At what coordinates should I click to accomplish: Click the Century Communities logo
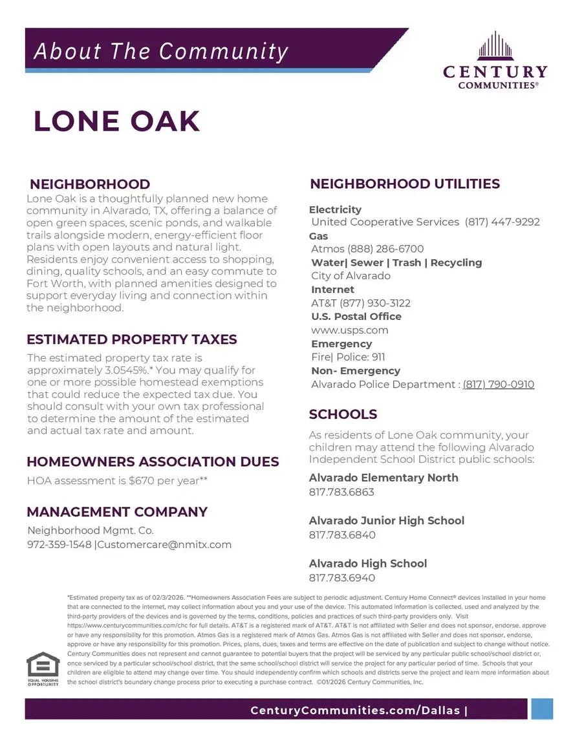point(495,61)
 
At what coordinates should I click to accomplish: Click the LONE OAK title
point(117,122)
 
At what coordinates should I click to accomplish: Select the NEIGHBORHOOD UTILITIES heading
point(405,184)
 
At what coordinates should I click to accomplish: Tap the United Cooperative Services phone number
point(502,222)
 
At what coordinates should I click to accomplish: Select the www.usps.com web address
point(349,330)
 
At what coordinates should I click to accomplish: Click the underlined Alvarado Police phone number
point(498,385)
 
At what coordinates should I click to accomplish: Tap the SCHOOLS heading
point(343,414)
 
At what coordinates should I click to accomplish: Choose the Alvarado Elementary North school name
point(383,478)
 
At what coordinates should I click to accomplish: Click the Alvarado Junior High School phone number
point(342,535)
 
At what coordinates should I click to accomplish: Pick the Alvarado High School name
point(368,564)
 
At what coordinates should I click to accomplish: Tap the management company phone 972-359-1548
point(59,545)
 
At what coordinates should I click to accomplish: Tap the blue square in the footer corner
point(542,709)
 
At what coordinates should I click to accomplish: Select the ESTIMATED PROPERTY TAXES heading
point(132,340)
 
